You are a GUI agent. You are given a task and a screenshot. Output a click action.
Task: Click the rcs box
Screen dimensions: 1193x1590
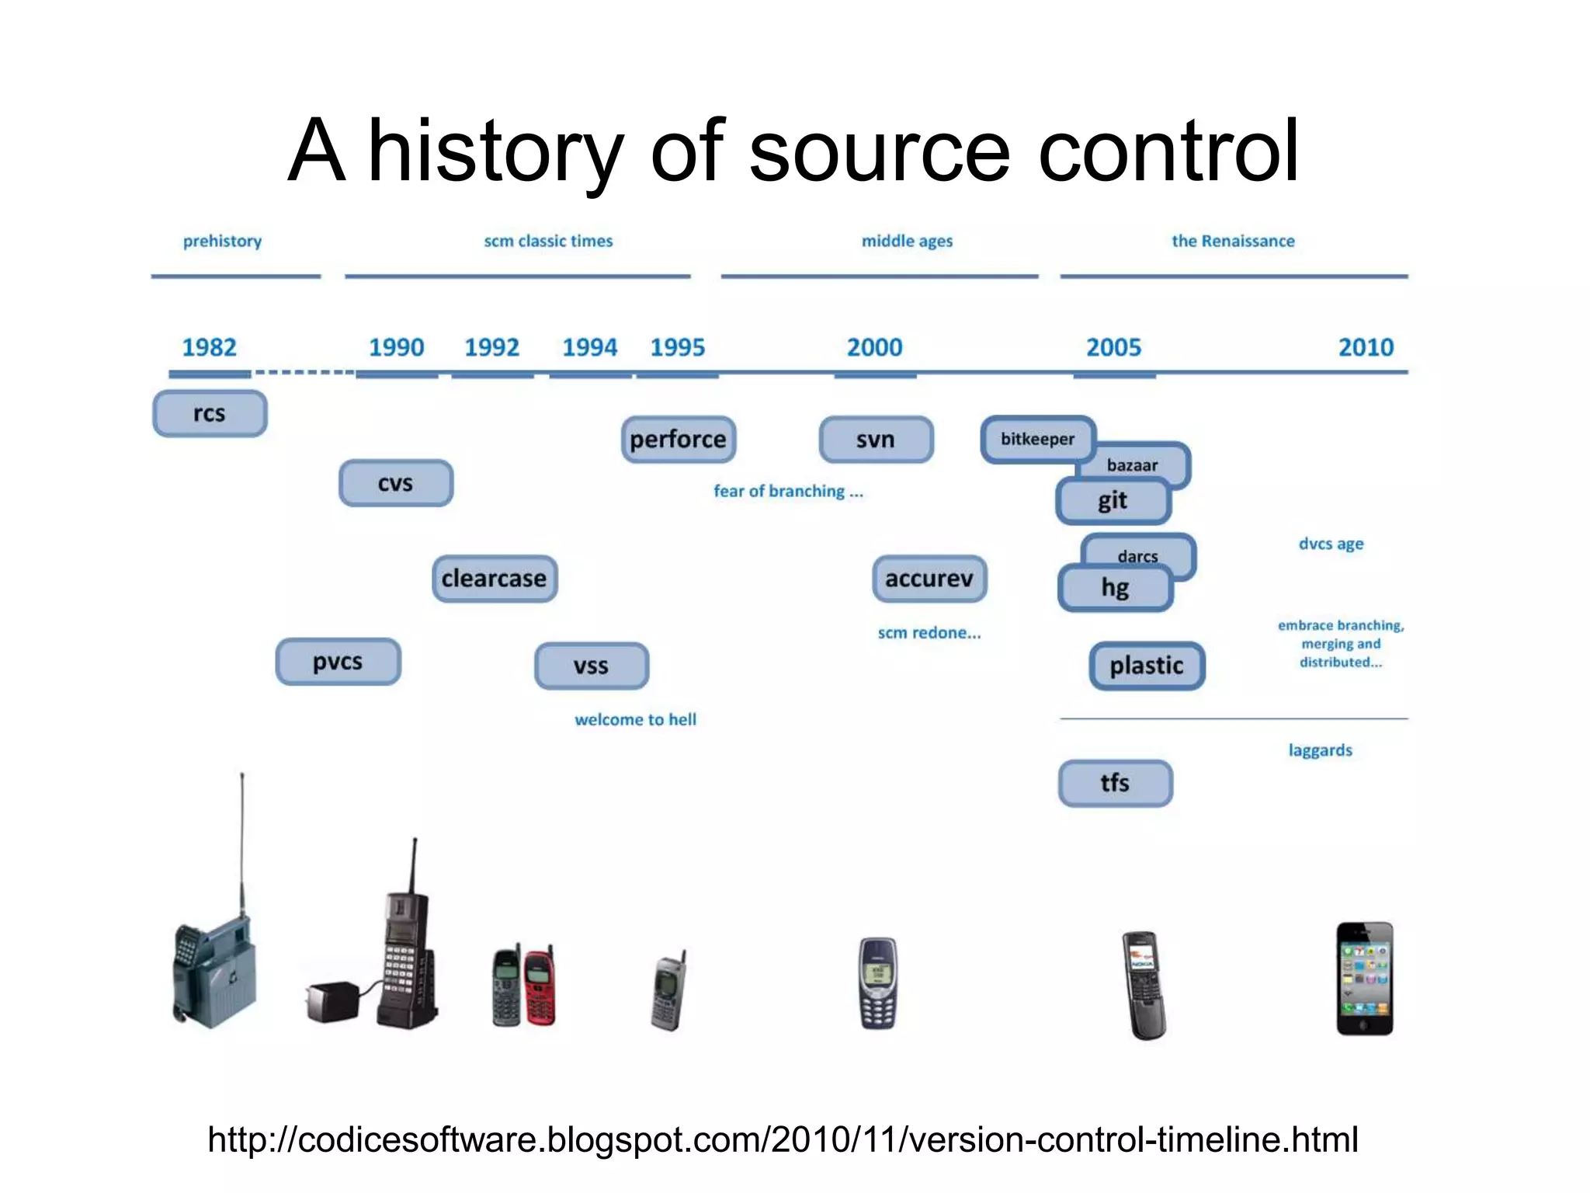[210, 413]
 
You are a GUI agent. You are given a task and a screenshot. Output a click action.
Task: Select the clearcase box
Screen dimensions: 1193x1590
[494, 579]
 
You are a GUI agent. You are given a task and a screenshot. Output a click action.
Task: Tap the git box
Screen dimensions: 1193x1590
[1112, 501]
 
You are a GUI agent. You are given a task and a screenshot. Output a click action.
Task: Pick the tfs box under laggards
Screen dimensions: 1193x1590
[1115, 783]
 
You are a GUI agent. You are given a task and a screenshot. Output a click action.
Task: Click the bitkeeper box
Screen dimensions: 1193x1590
[1037, 439]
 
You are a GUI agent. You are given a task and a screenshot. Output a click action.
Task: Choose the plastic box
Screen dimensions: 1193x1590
[1146, 666]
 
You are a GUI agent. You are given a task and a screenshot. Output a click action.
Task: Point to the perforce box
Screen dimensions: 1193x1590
[678, 440]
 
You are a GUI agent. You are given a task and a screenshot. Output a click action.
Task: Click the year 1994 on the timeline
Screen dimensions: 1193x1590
[589, 347]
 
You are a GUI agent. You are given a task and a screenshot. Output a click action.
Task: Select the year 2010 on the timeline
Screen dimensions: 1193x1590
[1366, 347]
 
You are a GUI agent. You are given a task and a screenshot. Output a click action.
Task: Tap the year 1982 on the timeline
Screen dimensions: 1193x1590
[209, 347]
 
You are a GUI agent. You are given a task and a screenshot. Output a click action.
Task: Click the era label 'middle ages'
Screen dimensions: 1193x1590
[907, 241]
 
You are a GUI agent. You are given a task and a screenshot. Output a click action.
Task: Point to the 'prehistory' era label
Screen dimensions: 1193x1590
[222, 241]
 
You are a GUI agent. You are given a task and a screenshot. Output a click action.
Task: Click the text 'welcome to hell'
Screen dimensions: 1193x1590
[635, 719]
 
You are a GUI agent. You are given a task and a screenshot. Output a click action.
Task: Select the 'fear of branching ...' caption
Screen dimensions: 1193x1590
[788, 491]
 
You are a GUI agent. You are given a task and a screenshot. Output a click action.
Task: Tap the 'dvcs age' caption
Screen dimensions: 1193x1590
[1331, 544]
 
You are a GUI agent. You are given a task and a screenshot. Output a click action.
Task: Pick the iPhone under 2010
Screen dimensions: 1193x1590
[1364, 979]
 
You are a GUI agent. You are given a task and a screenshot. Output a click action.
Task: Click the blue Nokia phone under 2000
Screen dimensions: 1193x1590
[878, 983]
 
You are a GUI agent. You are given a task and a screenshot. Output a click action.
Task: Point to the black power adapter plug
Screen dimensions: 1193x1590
[332, 1001]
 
